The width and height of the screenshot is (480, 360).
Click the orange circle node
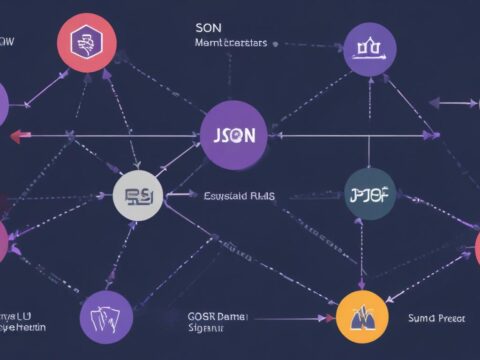click(363, 318)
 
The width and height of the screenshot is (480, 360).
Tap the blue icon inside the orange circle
click(363, 318)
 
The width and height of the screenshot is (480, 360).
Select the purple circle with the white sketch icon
click(106, 319)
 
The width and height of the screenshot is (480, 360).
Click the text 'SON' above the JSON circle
click(208, 28)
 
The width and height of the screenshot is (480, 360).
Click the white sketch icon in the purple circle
click(106, 319)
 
